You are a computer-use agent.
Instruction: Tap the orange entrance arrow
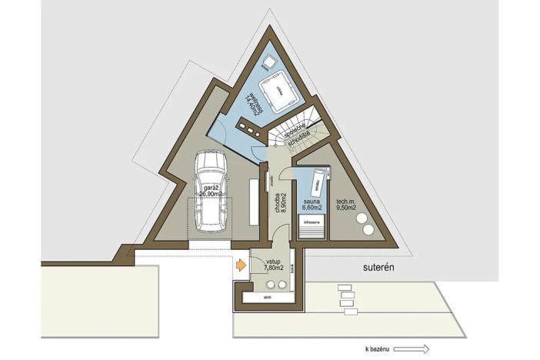coord(241,266)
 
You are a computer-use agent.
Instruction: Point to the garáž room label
coord(209,187)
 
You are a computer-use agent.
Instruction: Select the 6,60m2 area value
coord(312,207)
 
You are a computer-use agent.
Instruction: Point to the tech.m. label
coord(345,199)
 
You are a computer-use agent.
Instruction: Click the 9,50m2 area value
coord(345,207)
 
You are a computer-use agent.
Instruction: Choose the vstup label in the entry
coord(273,262)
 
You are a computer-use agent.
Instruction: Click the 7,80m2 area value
coord(273,269)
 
